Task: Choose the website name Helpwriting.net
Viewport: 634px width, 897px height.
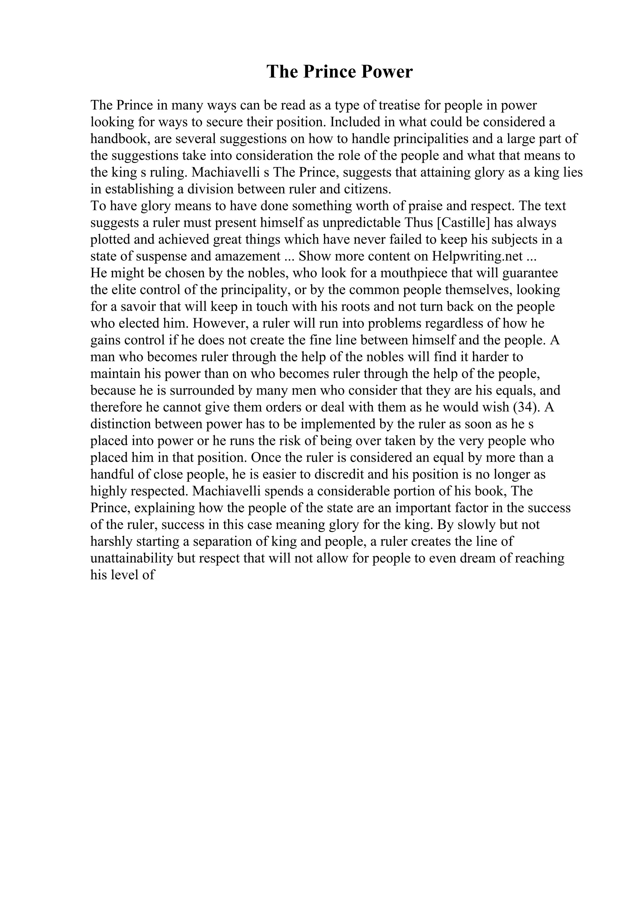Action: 477,256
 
